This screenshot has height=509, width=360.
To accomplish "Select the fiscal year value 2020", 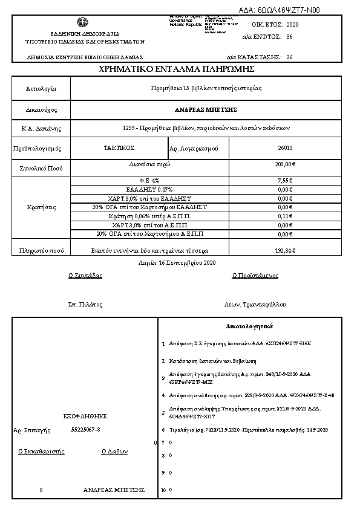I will click(x=292, y=25).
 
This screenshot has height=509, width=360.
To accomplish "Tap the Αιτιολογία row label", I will click(x=41, y=88).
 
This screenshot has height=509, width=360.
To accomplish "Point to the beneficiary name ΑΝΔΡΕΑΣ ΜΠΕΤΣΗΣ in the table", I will click(x=210, y=109).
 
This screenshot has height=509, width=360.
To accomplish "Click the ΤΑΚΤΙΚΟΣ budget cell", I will click(x=119, y=147).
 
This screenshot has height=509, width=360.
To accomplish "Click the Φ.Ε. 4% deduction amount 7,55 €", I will click(x=285, y=180).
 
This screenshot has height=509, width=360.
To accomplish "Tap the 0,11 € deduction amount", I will click(x=285, y=216).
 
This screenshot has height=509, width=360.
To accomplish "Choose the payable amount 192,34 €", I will click(x=285, y=250).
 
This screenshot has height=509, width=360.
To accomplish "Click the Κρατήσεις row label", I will click(x=41, y=207).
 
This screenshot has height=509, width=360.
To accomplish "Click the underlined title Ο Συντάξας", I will click(x=85, y=275).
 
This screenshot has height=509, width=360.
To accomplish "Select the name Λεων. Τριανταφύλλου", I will click(x=254, y=305).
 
